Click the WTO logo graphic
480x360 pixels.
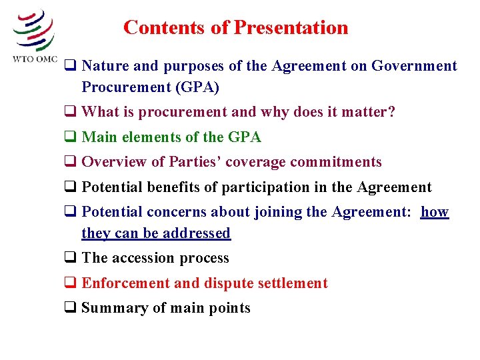(x=33, y=29)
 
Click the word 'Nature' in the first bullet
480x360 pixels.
(x=105, y=66)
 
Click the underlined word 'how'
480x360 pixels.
(x=435, y=212)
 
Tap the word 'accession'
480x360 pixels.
(x=143, y=258)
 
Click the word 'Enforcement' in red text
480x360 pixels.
(x=125, y=283)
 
